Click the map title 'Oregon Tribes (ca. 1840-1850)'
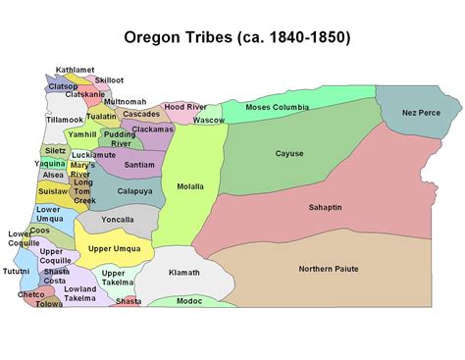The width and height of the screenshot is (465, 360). click(x=236, y=38)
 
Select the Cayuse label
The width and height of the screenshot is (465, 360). click(x=289, y=153)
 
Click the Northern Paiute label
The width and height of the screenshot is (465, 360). click(x=329, y=269)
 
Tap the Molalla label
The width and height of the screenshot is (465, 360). click(x=190, y=185)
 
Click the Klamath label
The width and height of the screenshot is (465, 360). click(x=183, y=273)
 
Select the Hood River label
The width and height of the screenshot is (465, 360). click(x=185, y=106)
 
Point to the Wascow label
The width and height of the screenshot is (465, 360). click(x=208, y=120)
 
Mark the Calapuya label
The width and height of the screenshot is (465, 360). click(x=134, y=191)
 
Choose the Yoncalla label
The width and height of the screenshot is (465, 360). click(x=118, y=220)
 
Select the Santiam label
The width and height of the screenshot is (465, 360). click(x=139, y=165)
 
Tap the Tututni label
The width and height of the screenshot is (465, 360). click(x=17, y=271)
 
